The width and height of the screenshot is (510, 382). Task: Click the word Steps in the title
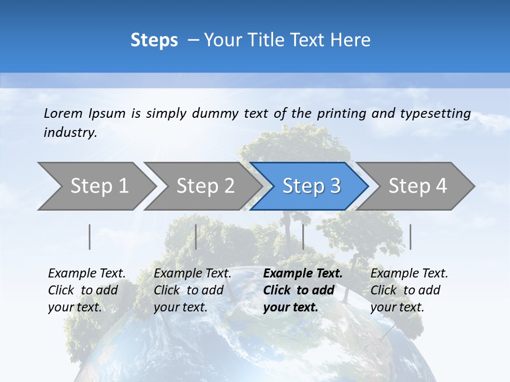pyautogui.click(x=154, y=40)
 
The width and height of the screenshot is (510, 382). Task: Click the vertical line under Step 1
pyautogui.click(x=90, y=237)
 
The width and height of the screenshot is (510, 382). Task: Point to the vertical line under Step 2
pyautogui.click(x=196, y=237)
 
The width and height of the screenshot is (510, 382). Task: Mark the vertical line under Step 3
pyautogui.click(x=303, y=237)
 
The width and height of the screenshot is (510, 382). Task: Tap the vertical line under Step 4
pyautogui.click(x=411, y=237)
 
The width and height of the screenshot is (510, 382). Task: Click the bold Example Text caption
pyautogui.click(x=303, y=290)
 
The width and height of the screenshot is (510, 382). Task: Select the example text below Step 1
pyautogui.click(x=87, y=290)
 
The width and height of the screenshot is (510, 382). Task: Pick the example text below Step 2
pyautogui.click(x=192, y=290)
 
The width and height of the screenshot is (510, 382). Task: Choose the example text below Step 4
pyautogui.click(x=409, y=290)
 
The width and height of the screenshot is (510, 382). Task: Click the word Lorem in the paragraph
pyautogui.click(x=63, y=113)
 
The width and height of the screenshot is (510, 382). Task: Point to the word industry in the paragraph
pyautogui.click(x=70, y=132)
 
